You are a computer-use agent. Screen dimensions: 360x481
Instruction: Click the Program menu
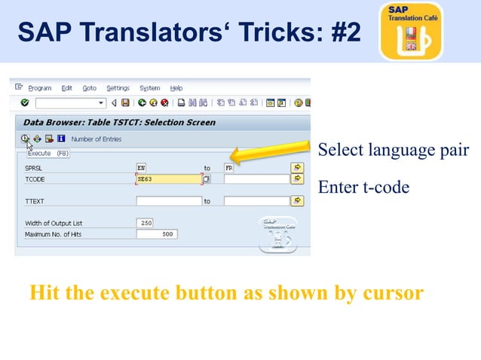click(40, 88)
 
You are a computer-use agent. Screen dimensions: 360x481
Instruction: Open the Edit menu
click(66, 88)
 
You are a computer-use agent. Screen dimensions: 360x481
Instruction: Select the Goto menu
click(89, 88)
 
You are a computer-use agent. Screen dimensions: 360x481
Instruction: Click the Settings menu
click(118, 88)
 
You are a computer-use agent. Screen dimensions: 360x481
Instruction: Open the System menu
click(149, 88)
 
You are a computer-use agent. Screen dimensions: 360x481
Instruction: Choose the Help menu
click(176, 88)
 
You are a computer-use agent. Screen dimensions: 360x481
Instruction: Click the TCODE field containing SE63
click(168, 179)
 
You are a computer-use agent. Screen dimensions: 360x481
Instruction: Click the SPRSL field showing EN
click(168, 167)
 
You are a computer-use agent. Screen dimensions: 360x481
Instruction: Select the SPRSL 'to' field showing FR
click(256, 167)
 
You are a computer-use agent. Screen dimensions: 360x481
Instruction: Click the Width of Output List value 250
click(146, 223)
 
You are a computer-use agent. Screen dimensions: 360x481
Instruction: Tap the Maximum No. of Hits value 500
click(156, 234)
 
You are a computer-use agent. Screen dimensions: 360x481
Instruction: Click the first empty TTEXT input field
click(168, 201)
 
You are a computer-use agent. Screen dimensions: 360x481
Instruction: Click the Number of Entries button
click(96, 139)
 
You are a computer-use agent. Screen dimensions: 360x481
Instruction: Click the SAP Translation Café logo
click(411, 31)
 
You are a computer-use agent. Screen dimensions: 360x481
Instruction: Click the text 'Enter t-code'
click(363, 187)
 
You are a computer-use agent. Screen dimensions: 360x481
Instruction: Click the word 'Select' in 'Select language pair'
click(338, 150)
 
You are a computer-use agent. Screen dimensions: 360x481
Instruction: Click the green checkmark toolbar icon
click(25, 103)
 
